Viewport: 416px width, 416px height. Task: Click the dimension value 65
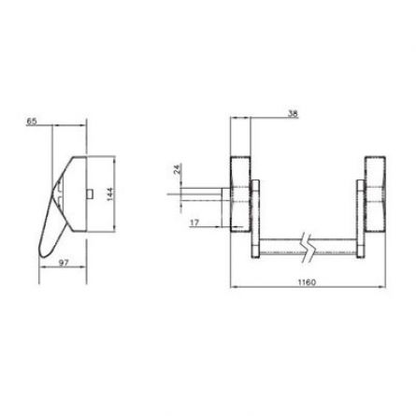33,122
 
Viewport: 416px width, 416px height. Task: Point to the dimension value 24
177,171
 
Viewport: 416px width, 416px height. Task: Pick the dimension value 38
293,114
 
